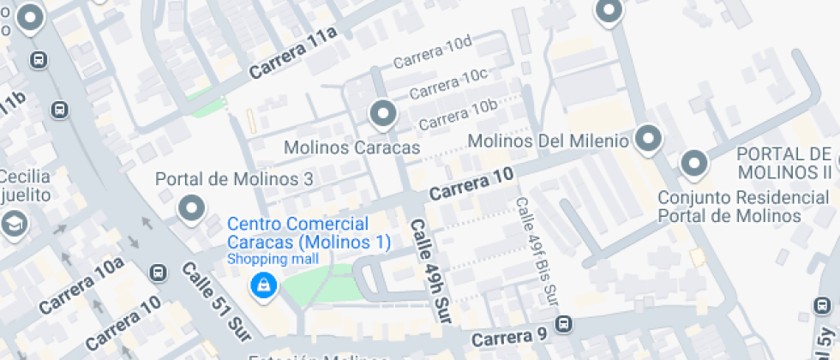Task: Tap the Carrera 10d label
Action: click(433, 52)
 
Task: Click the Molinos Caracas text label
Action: click(351, 147)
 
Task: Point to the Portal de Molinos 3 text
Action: click(233, 179)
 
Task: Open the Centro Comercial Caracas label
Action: click(308, 233)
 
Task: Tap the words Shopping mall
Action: click(273, 259)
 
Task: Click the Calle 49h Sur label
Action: click(429, 271)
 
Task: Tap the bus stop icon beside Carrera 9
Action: click(563, 324)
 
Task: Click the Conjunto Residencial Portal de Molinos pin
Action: click(693, 162)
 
